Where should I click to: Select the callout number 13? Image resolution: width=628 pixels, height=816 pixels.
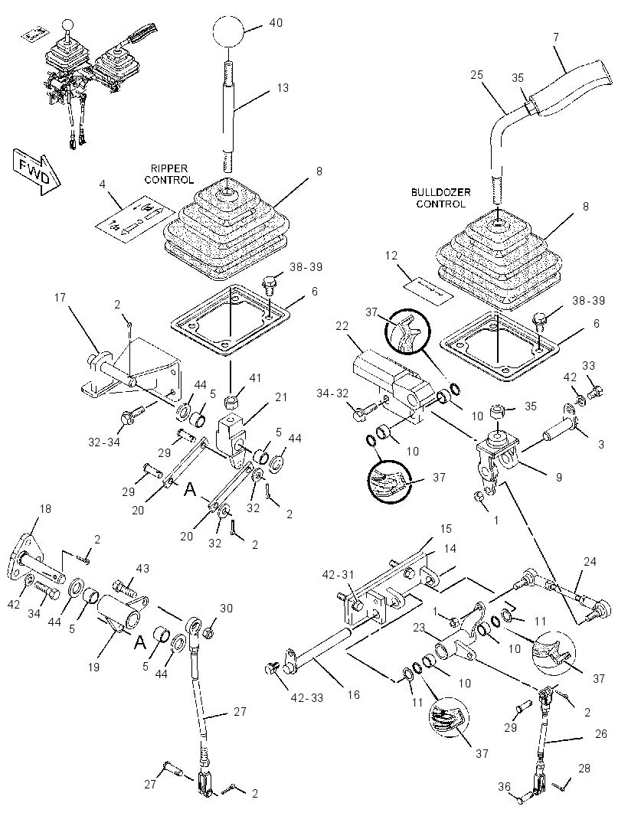click(283, 88)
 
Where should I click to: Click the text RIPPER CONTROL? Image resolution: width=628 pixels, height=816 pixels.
click(169, 175)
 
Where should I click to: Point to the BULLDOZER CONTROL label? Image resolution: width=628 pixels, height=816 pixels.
click(440, 198)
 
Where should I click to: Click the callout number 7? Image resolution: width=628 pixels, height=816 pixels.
click(556, 37)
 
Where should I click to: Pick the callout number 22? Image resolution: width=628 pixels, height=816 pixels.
click(342, 326)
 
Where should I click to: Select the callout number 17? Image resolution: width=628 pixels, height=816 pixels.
click(60, 298)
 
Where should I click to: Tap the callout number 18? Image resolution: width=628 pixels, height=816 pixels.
click(45, 508)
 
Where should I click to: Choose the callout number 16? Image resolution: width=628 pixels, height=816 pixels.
click(354, 695)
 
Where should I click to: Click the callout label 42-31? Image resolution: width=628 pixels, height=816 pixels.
click(338, 575)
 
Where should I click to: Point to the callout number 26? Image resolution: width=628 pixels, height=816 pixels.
click(601, 734)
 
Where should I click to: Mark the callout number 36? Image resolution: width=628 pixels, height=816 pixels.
click(504, 788)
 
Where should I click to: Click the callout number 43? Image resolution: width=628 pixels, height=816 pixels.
click(142, 568)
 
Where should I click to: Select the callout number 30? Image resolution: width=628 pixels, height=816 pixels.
click(226, 608)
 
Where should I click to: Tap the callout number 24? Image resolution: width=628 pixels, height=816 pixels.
click(590, 562)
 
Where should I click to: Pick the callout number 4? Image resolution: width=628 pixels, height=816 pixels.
click(102, 184)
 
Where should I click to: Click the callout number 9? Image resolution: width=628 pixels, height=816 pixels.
click(559, 477)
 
